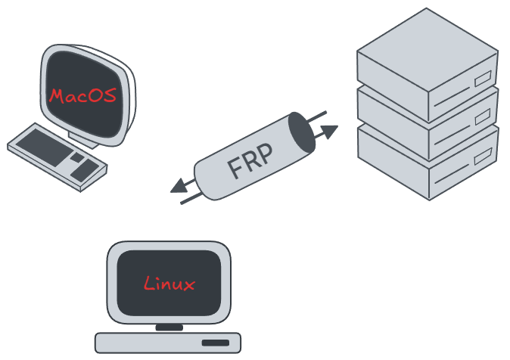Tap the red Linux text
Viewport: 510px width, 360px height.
point(169,284)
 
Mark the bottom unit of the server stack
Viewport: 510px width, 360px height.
point(462,163)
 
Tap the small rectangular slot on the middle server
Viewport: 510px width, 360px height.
point(482,117)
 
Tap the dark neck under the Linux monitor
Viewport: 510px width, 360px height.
point(169,327)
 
